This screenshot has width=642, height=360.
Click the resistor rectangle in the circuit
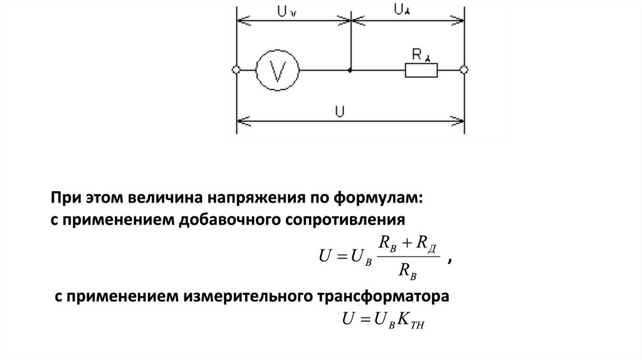pyautogui.click(x=422, y=70)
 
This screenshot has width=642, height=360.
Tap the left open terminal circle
pyautogui.click(x=236, y=70)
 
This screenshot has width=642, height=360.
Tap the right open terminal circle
pyautogui.click(x=464, y=70)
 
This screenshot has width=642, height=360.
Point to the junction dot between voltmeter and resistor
pyautogui.click(x=350, y=70)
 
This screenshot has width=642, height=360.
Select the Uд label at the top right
pyautogui.click(x=401, y=10)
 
